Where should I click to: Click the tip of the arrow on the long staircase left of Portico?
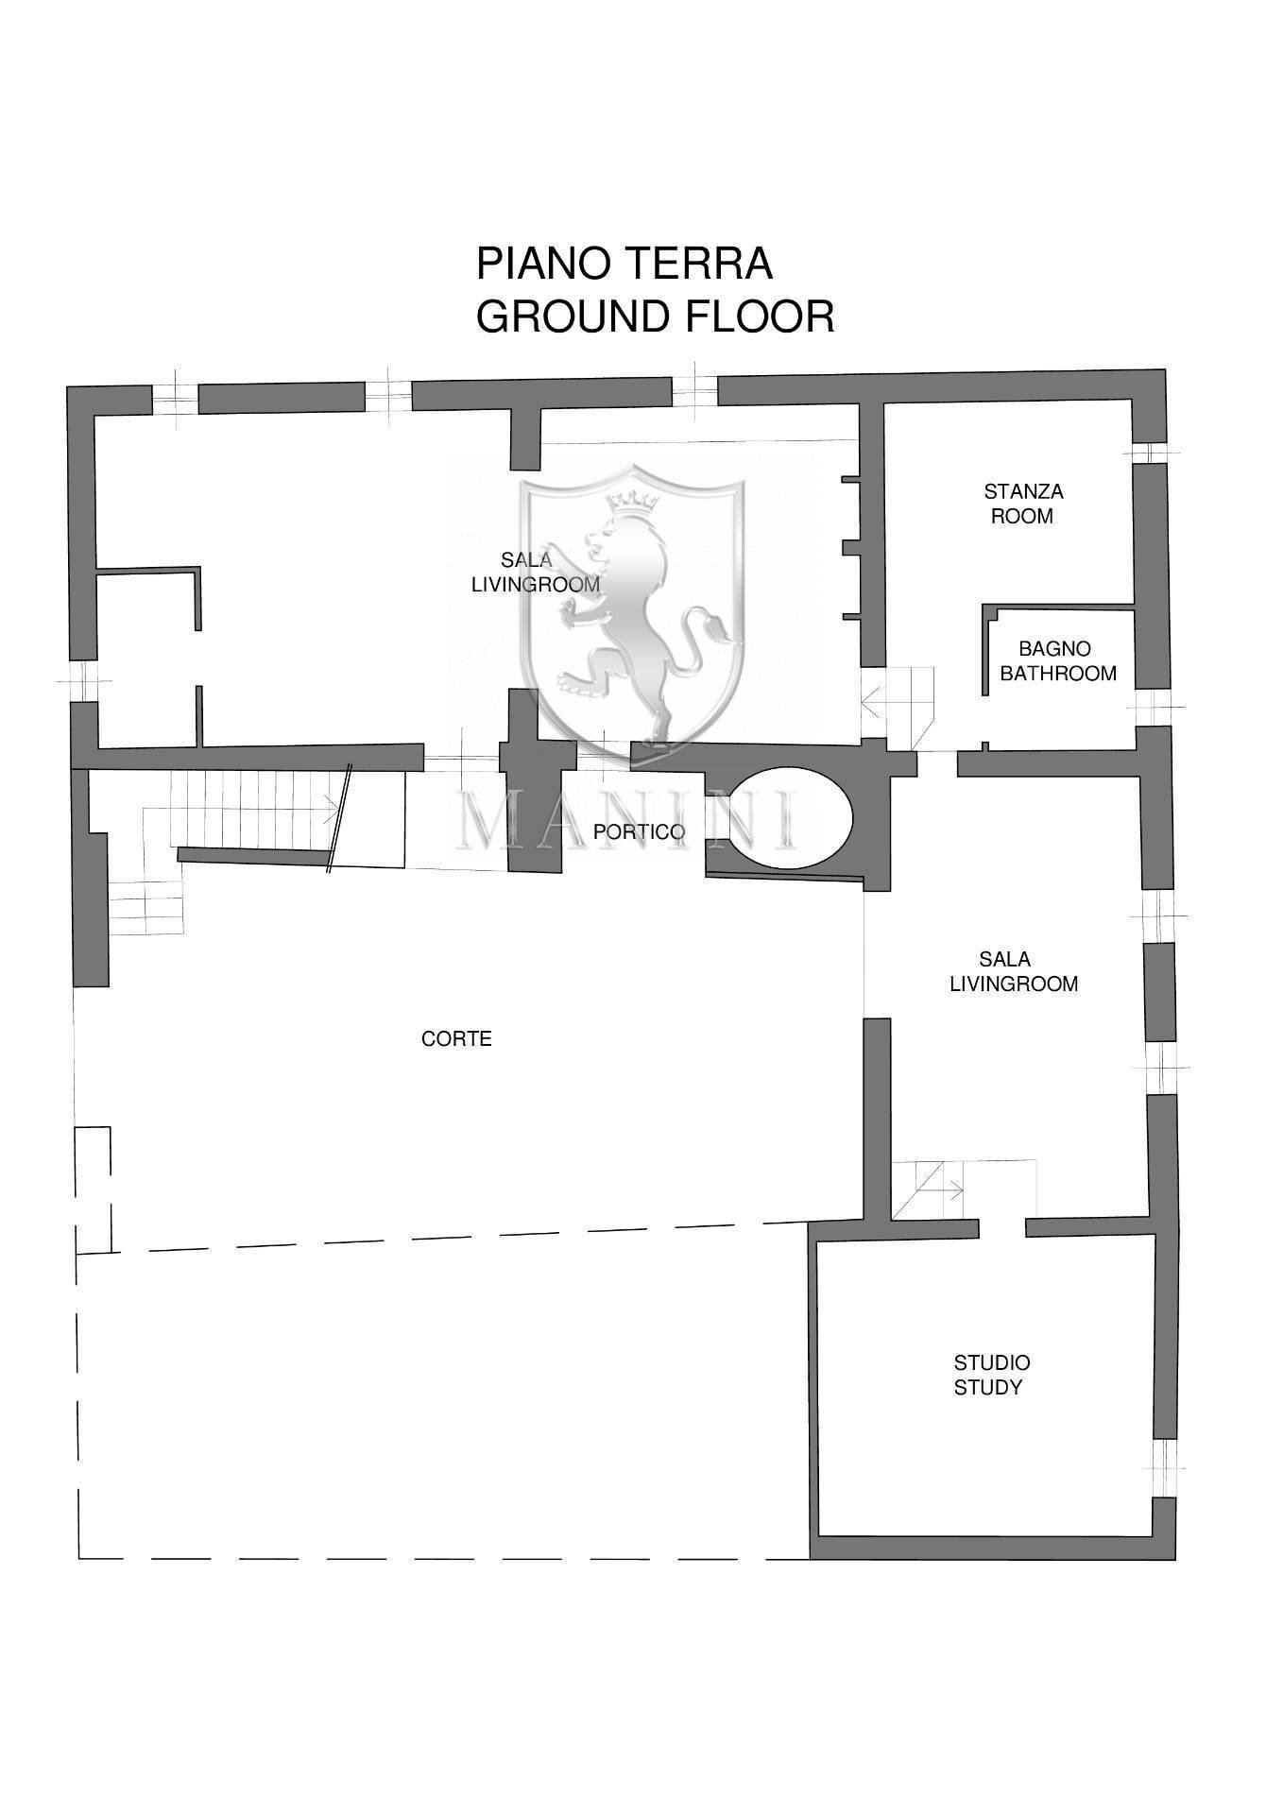click(339, 809)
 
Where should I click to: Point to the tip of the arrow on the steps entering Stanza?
click(863, 701)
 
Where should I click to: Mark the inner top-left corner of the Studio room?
click(818, 1240)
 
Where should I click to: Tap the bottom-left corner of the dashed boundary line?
click(79, 1558)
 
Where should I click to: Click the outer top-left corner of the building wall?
click(67, 385)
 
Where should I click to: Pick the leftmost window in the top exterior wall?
click(175, 400)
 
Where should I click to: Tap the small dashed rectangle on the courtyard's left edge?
click(94, 1189)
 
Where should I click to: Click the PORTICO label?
click(639, 832)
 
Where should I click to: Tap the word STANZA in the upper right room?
click(1023, 491)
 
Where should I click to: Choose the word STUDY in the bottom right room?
click(987, 1388)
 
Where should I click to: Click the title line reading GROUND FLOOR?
click(655, 317)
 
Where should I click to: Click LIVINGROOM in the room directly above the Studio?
click(1014, 984)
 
